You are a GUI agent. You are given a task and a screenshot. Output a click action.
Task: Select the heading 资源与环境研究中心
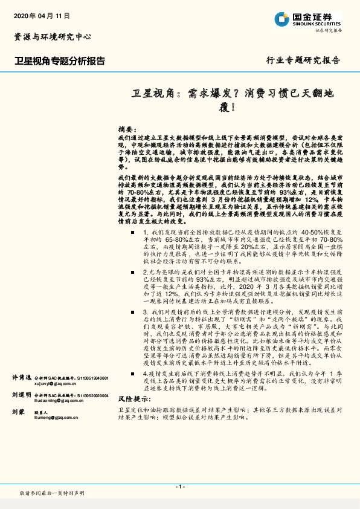(x=53, y=37)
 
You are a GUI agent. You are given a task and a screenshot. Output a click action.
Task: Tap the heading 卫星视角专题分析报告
(x=60, y=61)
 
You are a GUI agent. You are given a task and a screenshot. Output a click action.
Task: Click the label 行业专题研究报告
(x=303, y=60)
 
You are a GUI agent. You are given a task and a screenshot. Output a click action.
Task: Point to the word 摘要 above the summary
(x=125, y=130)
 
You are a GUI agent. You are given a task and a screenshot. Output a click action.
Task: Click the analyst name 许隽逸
(x=21, y=360)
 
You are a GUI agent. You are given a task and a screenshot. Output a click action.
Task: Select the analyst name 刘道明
(x=21, y=378)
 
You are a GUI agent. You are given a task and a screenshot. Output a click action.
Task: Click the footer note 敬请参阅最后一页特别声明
(x=53, y=494)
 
